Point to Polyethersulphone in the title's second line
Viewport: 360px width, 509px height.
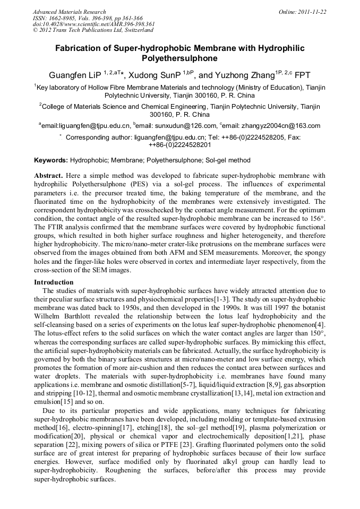click(x=180, y=58)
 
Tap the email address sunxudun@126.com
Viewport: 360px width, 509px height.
click(x=187, y=126)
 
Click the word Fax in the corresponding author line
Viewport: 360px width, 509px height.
click(x=294, y=137)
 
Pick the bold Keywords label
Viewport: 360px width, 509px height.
click(x=51, y=160)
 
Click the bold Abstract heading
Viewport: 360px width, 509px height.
click(x=49, y=175)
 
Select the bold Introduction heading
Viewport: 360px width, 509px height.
click(x=54, y=282)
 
